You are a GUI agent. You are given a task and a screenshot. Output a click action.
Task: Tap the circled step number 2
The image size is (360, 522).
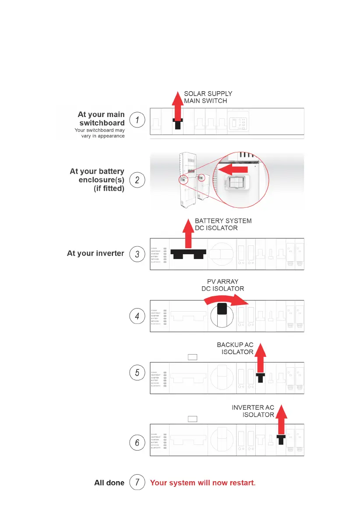(137, 180)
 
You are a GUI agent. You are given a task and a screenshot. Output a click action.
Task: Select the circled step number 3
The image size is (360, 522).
(137, 254)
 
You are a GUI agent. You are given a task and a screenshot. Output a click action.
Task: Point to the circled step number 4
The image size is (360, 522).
(137, 316)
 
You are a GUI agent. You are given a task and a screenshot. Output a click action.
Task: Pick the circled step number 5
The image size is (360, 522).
(137, 373)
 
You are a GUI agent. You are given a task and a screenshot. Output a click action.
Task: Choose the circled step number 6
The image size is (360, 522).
(137, 443)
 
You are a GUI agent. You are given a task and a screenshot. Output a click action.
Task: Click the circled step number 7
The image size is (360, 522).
(137, 483)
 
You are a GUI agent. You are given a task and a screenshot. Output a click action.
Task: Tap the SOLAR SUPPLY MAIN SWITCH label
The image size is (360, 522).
(208, 97)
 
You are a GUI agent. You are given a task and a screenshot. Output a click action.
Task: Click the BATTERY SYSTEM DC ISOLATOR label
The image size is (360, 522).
(223, 224)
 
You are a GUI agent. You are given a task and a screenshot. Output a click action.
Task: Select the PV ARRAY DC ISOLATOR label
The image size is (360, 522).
(222, 285)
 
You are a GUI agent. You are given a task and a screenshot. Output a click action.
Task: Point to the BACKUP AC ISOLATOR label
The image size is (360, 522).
(236, 348)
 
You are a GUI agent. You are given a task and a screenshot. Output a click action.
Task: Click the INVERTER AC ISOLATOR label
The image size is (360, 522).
(253, 411)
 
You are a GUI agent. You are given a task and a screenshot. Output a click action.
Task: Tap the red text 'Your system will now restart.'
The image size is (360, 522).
(203, 483)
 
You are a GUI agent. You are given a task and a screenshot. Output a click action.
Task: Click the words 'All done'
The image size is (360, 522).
(109, 483)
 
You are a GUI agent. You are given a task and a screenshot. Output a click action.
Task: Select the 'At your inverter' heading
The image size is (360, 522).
(95, 253)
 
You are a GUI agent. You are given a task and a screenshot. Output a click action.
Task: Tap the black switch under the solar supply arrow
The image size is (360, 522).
(177, 123)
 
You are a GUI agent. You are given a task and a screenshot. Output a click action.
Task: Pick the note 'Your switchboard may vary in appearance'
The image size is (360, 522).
(100, 133)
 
